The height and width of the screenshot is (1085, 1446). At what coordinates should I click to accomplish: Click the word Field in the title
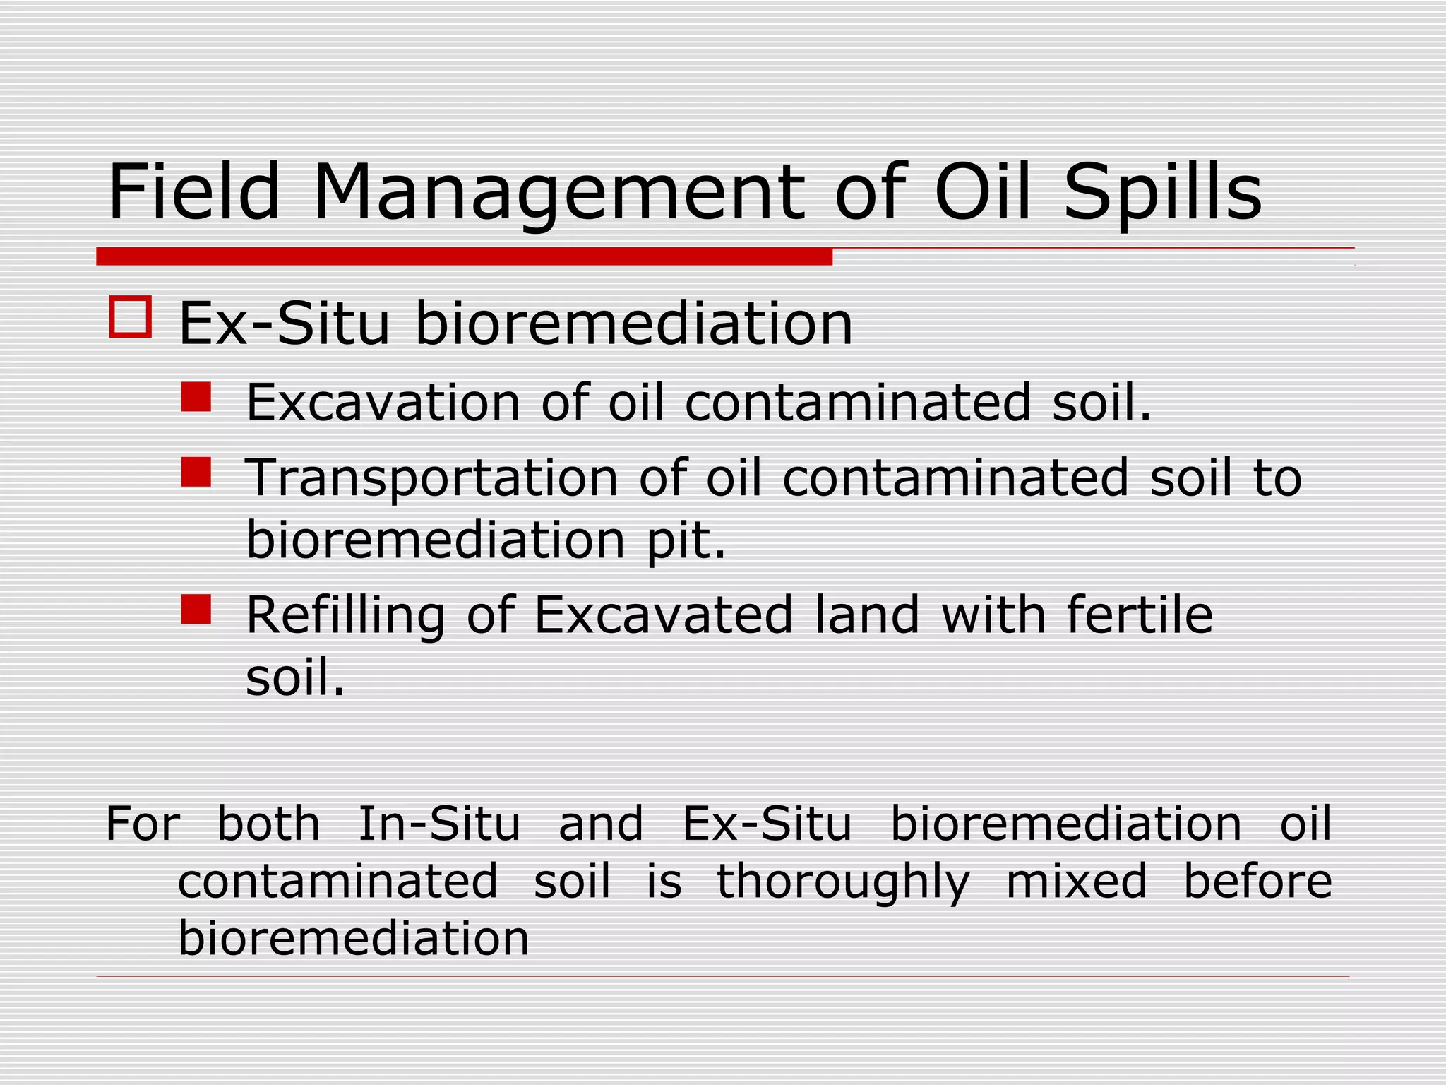(194, 192)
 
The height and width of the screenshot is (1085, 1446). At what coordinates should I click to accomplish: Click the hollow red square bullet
(131, 316)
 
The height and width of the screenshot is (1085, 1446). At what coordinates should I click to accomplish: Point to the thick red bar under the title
(464, 256)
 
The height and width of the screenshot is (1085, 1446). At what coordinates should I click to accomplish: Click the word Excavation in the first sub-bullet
(383, 402)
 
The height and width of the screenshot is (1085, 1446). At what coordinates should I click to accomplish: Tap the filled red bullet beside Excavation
(196, 397)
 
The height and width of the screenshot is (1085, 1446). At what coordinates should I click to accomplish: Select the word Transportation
(431, 478)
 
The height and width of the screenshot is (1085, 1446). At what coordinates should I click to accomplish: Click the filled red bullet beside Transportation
(196, 473)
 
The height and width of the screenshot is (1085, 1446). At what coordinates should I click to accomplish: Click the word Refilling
(345, 616)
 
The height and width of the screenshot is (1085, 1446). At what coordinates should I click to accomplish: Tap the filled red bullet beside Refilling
(196, 609)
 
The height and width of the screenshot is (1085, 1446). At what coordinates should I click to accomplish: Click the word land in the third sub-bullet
(868, 615)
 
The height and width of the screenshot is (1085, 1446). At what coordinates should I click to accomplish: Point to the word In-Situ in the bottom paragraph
(439, 824)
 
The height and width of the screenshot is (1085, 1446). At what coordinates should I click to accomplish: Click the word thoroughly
(844, 883)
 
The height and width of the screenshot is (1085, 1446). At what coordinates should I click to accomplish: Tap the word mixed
(1076, 882)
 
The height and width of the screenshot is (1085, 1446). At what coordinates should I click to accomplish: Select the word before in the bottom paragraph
(1257, 882)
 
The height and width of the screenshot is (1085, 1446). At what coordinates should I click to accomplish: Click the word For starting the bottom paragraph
(143, 824)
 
